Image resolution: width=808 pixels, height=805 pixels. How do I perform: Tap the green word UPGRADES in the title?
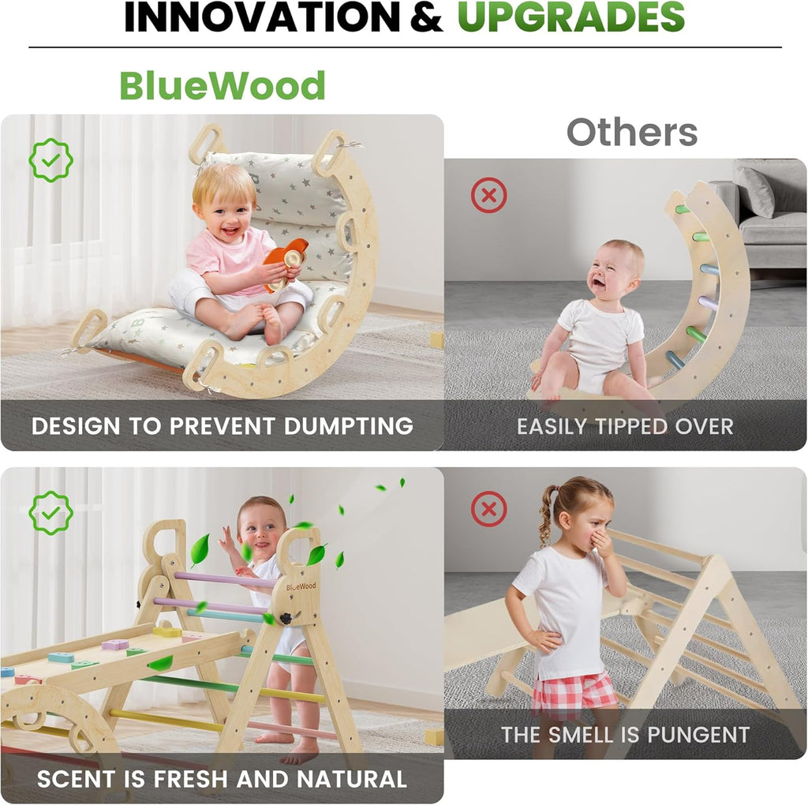(x=570, y=17)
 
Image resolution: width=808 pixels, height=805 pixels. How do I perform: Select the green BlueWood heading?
(x=223, y=85)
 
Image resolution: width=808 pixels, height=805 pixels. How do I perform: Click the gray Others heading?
(x=631, y=133)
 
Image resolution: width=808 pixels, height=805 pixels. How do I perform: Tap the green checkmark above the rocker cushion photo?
(x=50, y=160)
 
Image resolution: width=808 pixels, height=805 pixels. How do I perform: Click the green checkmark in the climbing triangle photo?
(x=50, y=513)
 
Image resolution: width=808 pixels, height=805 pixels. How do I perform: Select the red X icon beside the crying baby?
(x=488, y=195)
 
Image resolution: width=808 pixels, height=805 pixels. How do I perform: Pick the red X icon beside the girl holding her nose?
(x=488, y=509)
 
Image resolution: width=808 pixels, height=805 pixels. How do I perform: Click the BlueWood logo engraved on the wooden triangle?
(x=301, y=586)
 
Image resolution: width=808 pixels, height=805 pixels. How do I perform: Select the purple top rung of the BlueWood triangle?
(x=225, y=580)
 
